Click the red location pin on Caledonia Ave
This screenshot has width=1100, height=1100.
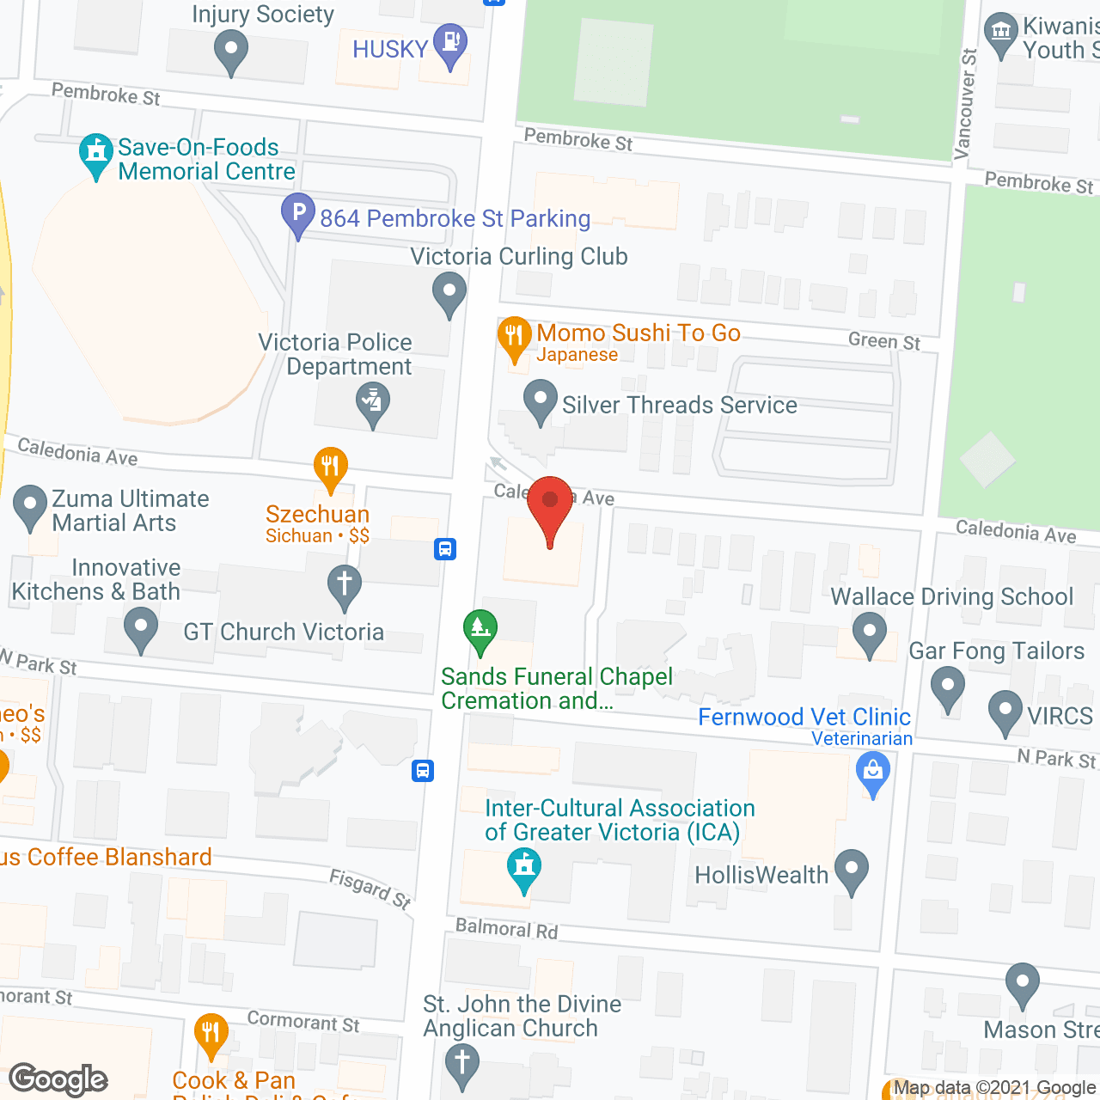coord(550,507)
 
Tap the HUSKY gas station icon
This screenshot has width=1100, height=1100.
coord(449,44)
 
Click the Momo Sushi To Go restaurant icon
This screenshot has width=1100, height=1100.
coord(514,338)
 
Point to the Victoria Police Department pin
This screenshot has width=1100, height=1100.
coord(373,403)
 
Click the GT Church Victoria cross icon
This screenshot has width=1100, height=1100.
coord(345,585)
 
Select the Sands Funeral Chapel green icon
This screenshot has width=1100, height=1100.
coord(480,630)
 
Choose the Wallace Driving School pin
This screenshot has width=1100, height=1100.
coord(869,632)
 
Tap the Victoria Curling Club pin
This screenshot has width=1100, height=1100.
coord(449,292)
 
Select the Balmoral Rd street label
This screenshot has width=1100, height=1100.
coord(506,929)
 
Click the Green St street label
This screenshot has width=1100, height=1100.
coord(883,341)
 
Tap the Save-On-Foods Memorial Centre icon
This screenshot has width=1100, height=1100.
coord(95,154)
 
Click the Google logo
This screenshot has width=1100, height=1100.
coord(58,1079)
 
